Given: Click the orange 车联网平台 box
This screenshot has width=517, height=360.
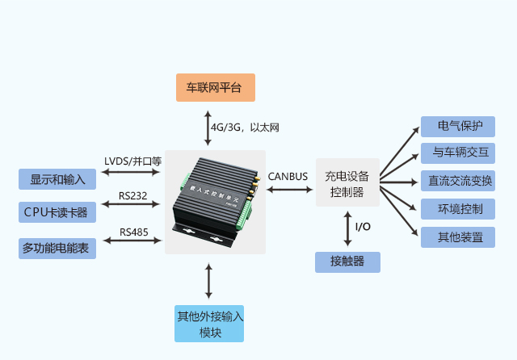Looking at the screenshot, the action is coord(216,88).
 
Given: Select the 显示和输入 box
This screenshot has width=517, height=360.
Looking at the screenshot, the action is coord(57,179).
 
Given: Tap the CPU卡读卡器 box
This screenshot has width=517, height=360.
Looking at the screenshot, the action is coord(57,212).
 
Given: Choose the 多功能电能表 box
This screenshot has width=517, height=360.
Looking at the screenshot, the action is coord(57,249).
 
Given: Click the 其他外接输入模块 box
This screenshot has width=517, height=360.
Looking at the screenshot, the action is coord(209,324).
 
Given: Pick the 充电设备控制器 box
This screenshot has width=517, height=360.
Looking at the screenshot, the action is coord(347,182).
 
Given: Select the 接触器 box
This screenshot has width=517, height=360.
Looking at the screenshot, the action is coord(347,262).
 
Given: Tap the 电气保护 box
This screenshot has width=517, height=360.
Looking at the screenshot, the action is coord(458,127).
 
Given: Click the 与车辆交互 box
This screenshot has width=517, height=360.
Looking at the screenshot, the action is coord(458,153).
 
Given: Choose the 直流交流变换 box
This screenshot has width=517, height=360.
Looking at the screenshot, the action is coord(458,181).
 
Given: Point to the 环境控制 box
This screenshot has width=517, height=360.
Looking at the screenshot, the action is coord(458,209).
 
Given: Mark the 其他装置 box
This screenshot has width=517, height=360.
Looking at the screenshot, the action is coord(458,237).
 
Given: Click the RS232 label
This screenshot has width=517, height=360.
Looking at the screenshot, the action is coord(132,196).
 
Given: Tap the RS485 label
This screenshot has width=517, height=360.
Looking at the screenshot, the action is coord(134,232).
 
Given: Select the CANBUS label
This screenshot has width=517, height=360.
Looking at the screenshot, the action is coord(288,177).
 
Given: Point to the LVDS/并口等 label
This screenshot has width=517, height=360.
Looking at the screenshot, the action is coord(132,161).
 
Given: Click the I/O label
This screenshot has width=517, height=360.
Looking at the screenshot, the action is coord(363,227).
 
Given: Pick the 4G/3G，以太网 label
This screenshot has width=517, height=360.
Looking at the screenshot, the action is coord(245,128).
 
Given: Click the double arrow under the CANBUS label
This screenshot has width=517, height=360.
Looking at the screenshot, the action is coord(289,190).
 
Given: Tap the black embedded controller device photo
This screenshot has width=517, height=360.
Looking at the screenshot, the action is coord(215,202).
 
